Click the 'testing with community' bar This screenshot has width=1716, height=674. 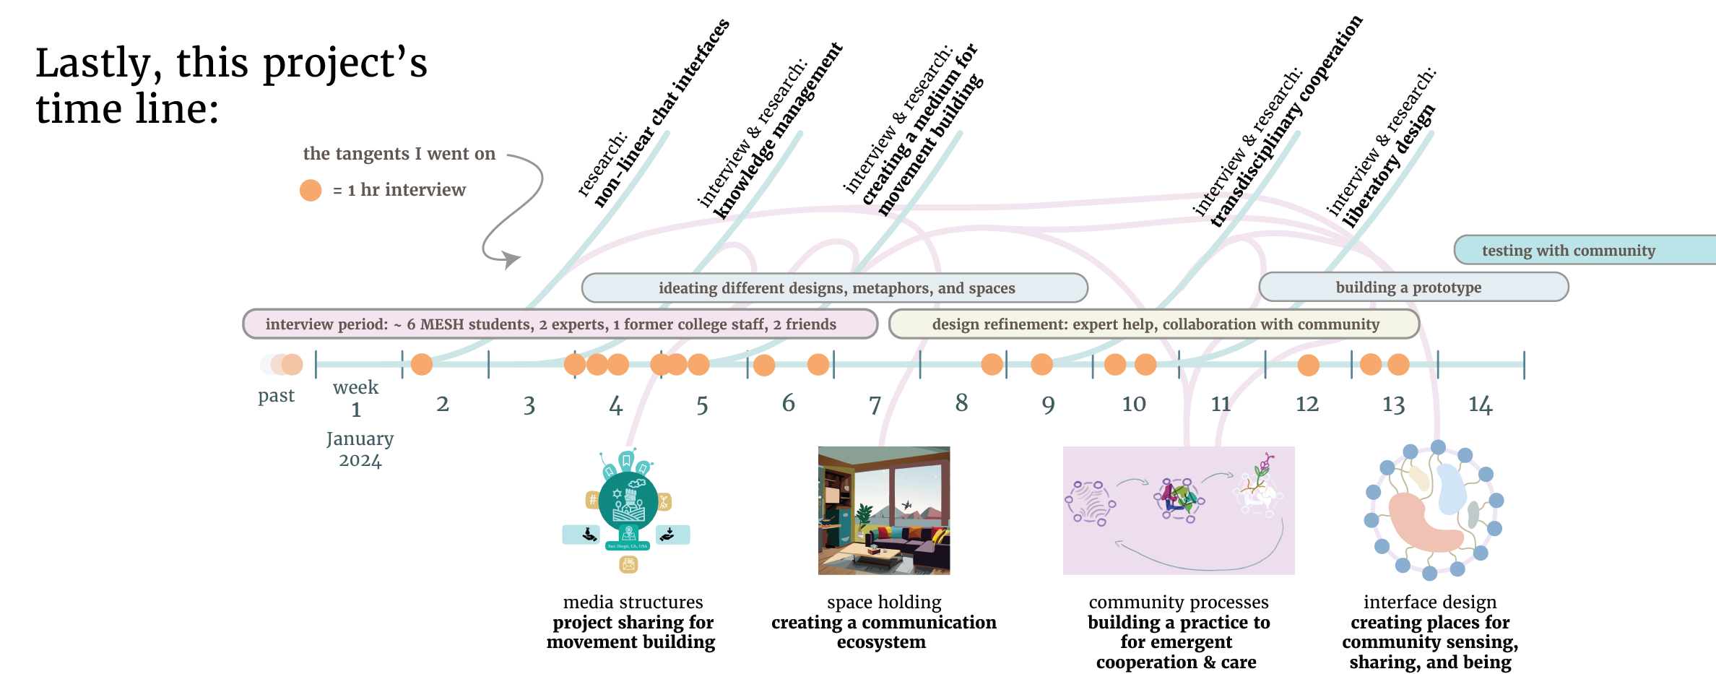1568,251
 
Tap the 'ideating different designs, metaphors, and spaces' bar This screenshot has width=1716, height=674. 836,288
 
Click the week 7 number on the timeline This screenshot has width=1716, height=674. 875,405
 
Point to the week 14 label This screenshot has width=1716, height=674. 1480,405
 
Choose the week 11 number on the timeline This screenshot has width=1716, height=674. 1221,404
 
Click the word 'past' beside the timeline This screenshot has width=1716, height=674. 276,396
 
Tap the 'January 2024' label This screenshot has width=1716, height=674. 360,449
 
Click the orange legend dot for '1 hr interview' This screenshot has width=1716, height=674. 311,190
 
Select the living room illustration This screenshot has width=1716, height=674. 883,510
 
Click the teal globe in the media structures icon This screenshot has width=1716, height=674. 628,501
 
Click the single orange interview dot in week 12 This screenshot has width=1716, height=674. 1308,365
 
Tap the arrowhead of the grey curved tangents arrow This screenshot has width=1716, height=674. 513,259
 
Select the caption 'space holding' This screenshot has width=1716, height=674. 884,602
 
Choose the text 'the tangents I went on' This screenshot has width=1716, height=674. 399,154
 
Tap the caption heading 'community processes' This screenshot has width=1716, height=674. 1178,602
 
